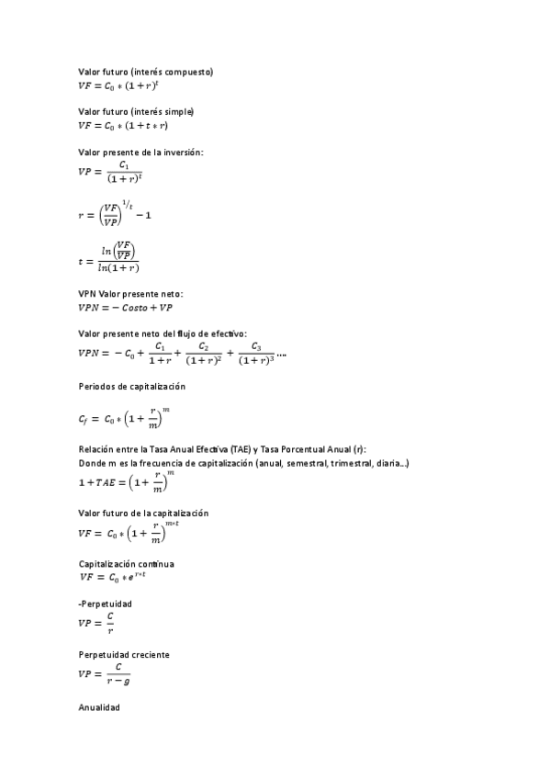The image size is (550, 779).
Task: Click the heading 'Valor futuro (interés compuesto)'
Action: point(146,72)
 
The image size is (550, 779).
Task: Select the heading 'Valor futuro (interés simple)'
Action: point(136,111)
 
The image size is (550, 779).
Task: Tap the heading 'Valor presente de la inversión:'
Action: point(140,152)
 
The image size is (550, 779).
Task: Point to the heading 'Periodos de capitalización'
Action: point(132,387)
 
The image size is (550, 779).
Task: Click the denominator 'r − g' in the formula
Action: point(118,681)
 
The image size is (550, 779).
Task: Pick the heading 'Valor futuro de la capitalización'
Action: point(144,512)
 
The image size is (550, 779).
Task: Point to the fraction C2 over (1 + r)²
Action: point(204,354)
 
